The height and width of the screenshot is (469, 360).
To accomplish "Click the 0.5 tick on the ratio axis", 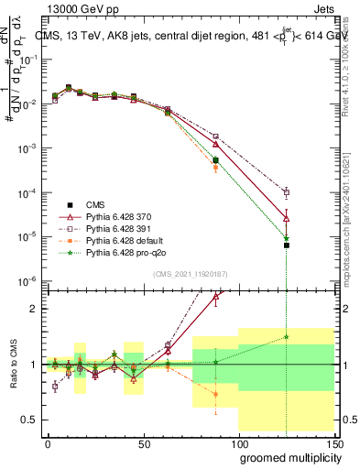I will pos(29,420).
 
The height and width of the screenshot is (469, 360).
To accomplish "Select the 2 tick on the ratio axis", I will pos(33,309).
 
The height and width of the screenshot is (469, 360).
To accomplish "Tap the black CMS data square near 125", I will pos(287,245).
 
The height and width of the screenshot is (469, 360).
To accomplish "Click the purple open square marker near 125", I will pos(287,192).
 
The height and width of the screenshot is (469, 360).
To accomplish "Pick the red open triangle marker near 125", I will pos(287,217).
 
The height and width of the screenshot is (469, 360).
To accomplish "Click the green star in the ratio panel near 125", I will pos(287,336).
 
